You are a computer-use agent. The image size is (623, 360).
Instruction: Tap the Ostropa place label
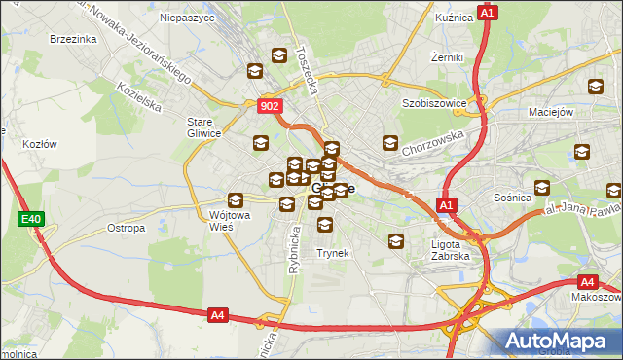point(126,228)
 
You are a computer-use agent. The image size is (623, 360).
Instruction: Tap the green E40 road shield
point(30,220)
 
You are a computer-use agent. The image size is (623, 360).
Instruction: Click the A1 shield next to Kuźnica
point(489,13)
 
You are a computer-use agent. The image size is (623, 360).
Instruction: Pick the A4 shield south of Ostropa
point(218,314)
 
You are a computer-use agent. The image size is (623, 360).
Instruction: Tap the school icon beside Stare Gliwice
point(260,144)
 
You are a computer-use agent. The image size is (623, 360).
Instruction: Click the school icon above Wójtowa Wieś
point(235,199)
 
